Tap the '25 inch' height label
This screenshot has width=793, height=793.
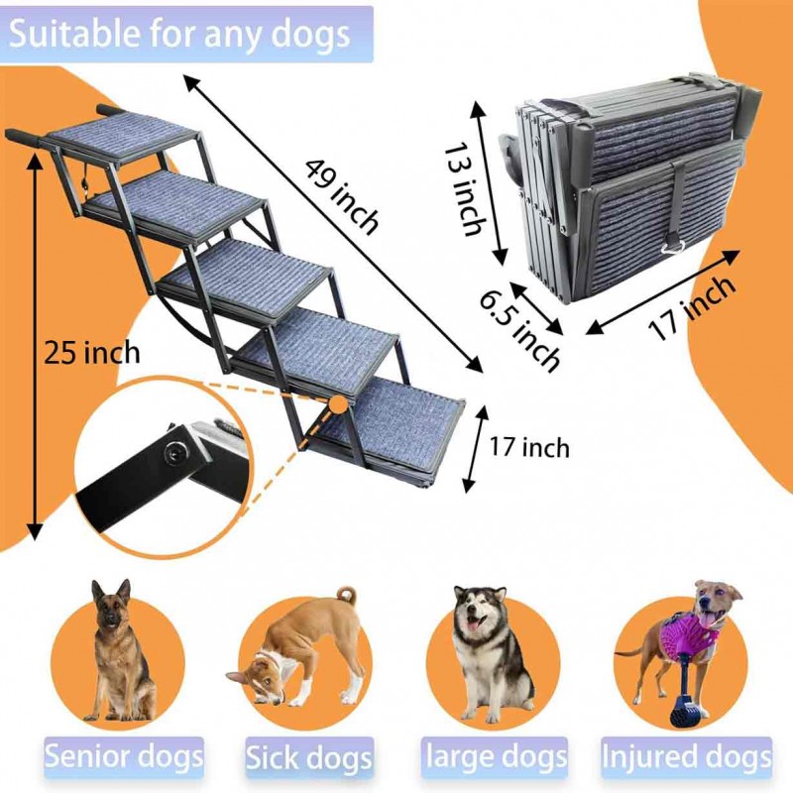click(91, 351)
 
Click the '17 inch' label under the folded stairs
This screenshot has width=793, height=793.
click(695, 308)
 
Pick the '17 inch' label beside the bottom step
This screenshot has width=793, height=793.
click(530, 447)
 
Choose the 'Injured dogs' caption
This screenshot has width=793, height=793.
click(687, 757)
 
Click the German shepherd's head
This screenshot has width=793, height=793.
click(111, 607)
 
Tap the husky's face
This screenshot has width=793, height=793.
click(480, 615)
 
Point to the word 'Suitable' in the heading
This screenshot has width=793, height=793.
click(74, 34)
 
